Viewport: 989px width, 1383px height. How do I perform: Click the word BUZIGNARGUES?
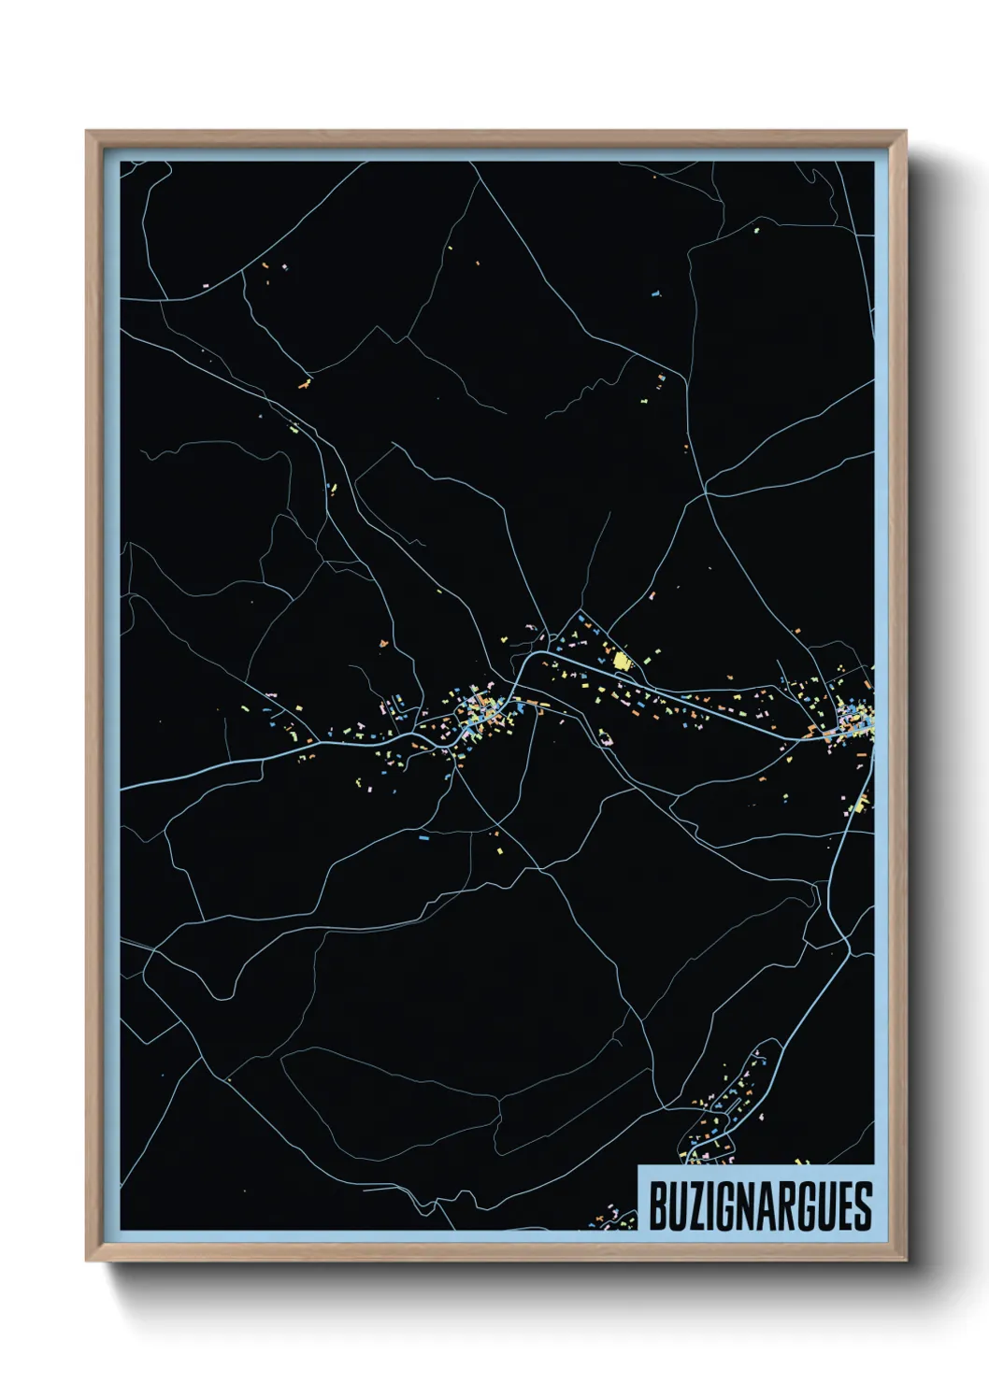click(759, 1206)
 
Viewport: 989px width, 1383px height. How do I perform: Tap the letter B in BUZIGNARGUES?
click(657, 1206)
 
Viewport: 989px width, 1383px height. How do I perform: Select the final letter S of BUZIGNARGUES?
click(863, 1206)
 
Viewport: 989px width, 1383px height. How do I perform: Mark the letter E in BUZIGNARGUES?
click(844, 1206)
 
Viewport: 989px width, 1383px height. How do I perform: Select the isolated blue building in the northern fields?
click(656, 293)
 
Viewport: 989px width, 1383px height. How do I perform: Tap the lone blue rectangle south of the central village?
click(423, 838)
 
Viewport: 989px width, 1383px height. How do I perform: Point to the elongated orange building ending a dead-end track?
click(304, 382)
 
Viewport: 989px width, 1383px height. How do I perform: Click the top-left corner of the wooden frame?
click(87, 132)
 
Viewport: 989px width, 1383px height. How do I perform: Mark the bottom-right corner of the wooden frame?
click(906, 1261)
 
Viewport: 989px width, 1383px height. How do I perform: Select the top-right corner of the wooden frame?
click(906, 132)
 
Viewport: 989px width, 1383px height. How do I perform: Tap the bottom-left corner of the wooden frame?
click(87, 1261)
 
